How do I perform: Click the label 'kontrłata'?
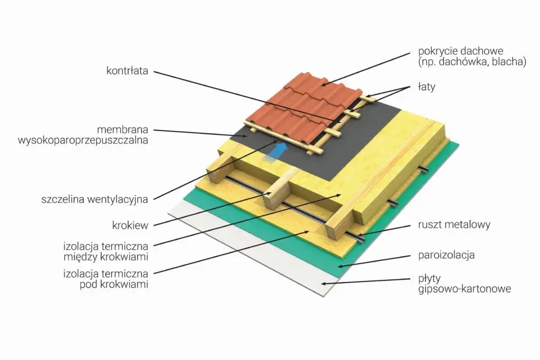pos(127,71)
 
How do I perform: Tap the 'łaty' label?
pos(427,87)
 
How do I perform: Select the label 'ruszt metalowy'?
pos(454,225)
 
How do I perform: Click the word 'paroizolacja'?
pos(446,255)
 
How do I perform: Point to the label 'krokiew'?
pos(130,226)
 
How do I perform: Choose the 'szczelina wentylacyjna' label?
pos(95,199)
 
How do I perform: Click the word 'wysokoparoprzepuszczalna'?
pos(83,140)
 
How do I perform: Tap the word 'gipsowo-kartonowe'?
pos(465,289)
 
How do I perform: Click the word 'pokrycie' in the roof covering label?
pos(437,51)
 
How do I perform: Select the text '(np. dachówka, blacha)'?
pos(472,62)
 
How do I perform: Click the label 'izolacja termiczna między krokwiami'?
pos(105,251)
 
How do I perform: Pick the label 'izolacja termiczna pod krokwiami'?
pos(105,279)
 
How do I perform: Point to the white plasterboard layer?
pos(248,248)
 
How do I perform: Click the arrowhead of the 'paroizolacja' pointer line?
pos(341,266)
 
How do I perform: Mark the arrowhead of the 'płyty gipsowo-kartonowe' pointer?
pos(324,283)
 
